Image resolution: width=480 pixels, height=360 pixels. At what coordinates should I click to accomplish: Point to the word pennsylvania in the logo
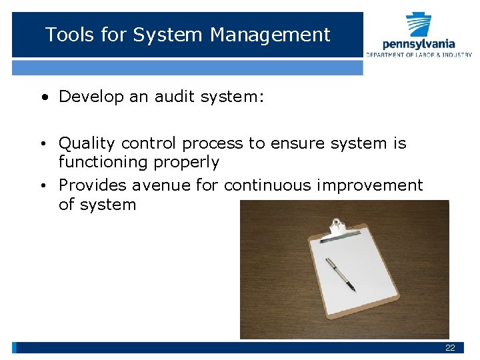419,44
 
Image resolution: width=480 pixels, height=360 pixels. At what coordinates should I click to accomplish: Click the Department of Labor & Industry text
419,55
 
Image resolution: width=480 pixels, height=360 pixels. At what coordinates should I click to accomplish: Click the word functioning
103,162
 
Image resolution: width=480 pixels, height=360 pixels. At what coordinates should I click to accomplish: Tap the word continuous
266,185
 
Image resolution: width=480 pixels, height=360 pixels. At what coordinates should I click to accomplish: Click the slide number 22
450,348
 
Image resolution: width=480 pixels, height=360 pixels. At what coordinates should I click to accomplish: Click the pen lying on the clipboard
340,274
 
